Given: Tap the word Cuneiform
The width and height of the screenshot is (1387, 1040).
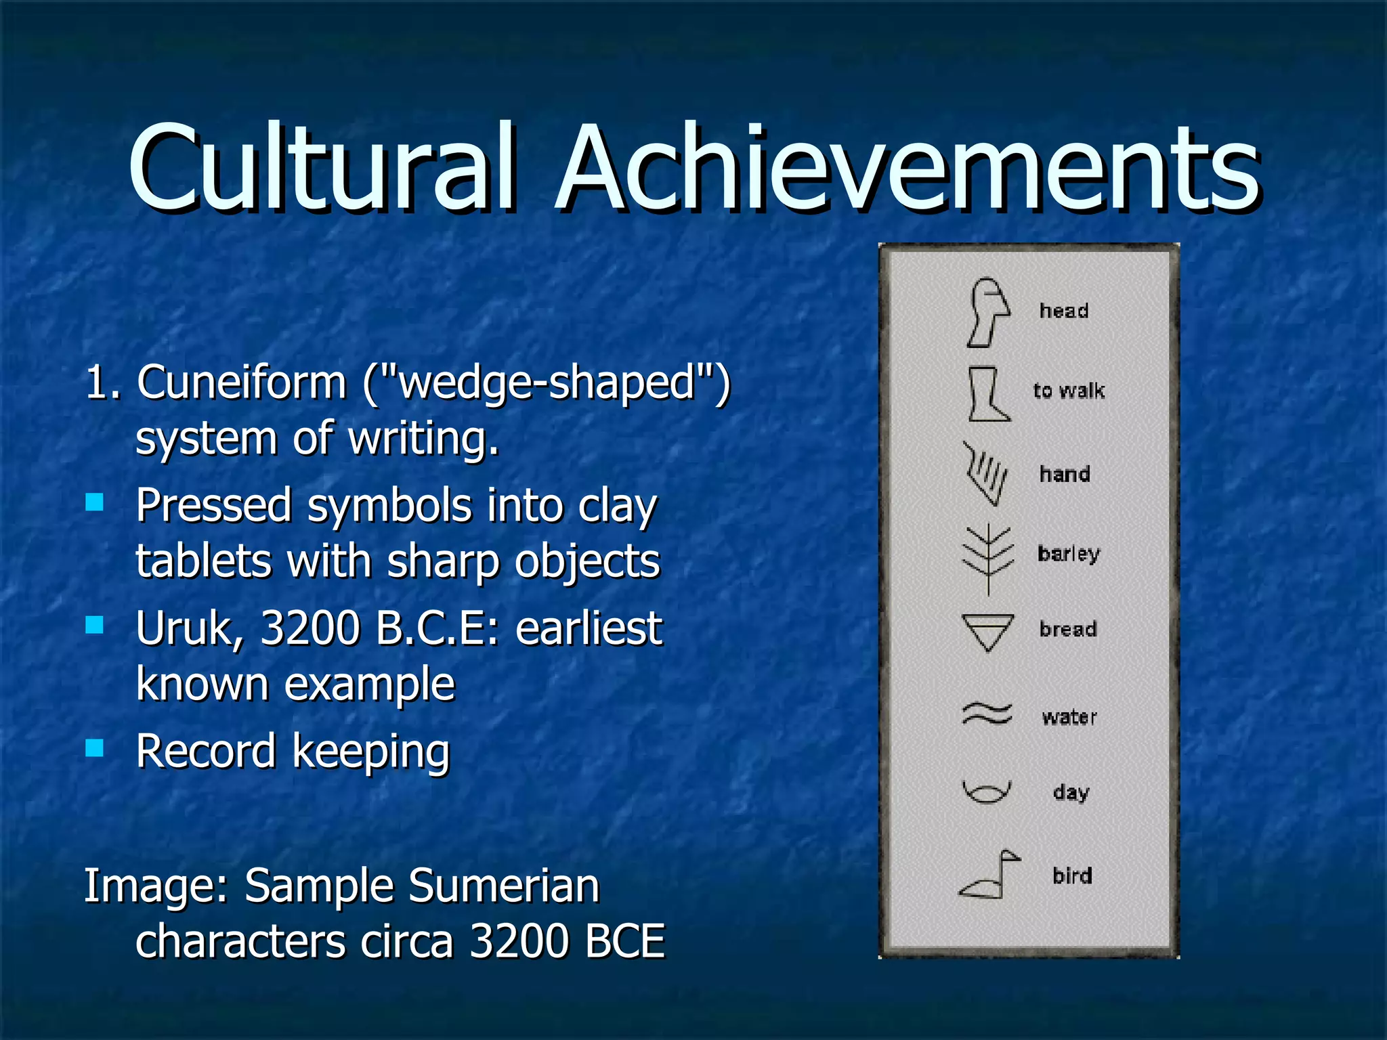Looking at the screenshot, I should coord(242,383).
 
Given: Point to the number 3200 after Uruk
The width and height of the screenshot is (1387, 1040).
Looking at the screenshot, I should coord(310,629).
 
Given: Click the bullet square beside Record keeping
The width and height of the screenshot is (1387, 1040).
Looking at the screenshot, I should coord(95,747).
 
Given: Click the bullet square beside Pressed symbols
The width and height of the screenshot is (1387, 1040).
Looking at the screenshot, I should coord(95,502).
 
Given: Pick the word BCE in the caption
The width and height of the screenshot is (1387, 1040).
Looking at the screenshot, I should coord(624,941).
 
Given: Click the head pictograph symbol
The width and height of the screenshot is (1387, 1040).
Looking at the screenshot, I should coord(988,312).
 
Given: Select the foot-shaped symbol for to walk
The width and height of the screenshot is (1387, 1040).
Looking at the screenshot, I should coord(987,394).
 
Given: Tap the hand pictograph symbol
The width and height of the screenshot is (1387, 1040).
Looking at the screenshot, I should coord(985,474).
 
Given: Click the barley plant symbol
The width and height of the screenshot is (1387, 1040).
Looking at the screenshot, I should coord(988,559).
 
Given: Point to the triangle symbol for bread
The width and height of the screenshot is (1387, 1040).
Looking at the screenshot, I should coord(988,631).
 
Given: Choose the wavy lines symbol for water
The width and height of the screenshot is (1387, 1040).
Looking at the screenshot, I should coord(987,714).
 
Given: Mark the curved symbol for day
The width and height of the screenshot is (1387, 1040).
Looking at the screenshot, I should coord(987,791).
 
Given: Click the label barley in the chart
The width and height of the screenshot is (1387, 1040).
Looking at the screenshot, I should coord(1069,554).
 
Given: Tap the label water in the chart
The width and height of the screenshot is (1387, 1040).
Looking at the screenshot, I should coord(1069,716).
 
